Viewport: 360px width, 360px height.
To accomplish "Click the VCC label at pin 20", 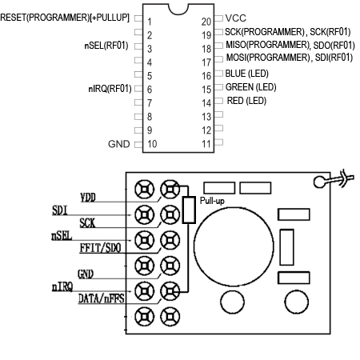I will coord(237,18).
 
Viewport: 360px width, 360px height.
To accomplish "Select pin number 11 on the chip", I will coord(206,143).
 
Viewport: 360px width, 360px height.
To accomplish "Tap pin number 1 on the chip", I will coord(149,18).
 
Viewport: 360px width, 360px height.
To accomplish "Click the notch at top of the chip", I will coord(178,10).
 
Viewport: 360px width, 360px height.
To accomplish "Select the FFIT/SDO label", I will coord(100,248).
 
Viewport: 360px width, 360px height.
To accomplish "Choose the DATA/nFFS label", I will coord(100,299).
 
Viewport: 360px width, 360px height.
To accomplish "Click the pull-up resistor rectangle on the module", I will coord(190,209).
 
